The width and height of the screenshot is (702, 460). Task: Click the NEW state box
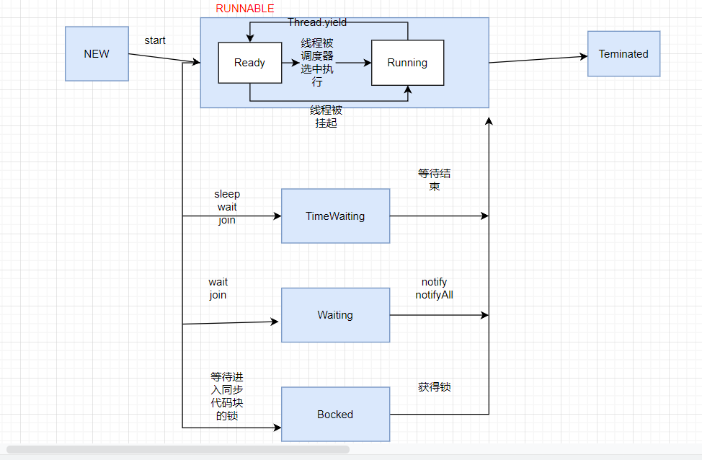tap(97, 54)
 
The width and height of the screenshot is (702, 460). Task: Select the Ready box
tap(249, 63)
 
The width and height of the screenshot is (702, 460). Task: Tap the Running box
tap(407, 63)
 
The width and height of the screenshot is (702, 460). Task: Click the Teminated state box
tap(623, 54)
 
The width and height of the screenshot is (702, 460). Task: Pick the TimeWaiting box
tap(335, 216)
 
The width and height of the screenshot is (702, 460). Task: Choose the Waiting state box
tap(335, 315)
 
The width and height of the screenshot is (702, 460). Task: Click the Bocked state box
tap(335, 415)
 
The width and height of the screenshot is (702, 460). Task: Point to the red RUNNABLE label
tap(245, 9)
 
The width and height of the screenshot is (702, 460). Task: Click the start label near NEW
tap(155, 40)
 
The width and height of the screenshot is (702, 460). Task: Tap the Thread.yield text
tap(317, 23)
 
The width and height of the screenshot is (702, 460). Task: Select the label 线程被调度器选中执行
tap(317, 63)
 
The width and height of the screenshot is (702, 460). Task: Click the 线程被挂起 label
tap(326, 117)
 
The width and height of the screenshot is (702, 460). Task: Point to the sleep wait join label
tap(227, 208)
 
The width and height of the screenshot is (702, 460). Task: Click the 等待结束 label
tap(435, 180)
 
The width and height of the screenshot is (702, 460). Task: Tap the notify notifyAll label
tap(434, 288)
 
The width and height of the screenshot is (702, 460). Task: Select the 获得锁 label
tap(435, 387)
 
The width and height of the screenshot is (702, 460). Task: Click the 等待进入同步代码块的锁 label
tap(227, 396)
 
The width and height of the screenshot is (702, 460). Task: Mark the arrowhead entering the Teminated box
tap(584, 57)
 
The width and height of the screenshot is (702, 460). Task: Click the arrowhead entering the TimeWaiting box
tap(277, 216)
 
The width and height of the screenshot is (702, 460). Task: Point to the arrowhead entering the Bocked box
tap(277, 428)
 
